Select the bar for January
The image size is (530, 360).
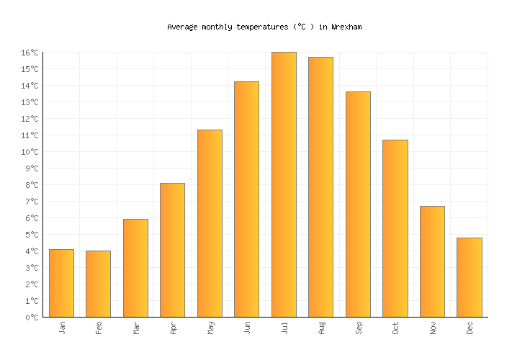(x=61, y=283)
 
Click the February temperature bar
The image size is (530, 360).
(x=98, y=284)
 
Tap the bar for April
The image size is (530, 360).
(x=172, y=250)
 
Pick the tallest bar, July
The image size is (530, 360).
(x=284, y=184)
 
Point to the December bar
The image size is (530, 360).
(x=469, y=277)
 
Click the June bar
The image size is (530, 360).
(x=246, y=199)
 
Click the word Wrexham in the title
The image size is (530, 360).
(x=346, y=27)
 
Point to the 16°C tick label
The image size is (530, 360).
(x=30, y=53)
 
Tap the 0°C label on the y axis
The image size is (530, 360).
(x=32, y=318)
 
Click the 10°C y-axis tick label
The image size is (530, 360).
(x=30, y=152)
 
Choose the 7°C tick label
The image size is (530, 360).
(x=32, y=202)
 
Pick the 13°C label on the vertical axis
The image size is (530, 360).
(x=30, y=102)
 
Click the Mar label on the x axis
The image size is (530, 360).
(x=136, y=328)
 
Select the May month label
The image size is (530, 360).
(x=210, y=328)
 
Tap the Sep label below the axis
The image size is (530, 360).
(x=359, y=328)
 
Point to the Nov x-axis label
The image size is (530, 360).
(x=433, y=328)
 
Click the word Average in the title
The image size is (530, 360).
(x=182, y=27)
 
